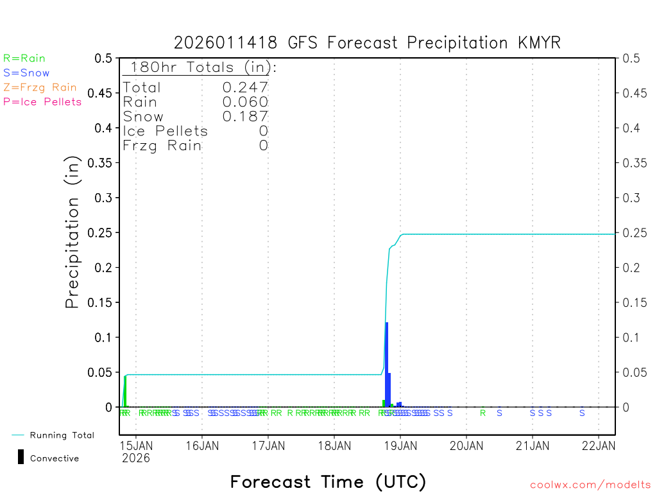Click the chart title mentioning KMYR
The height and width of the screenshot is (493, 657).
point(367,43)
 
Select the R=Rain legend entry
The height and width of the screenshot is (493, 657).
point(24,58)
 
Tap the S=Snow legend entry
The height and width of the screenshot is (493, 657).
point(26,73)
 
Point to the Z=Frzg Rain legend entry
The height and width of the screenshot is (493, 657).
point(40,87)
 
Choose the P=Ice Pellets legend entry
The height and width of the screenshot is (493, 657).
point(42,101)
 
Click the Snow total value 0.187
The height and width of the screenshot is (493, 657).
point(245,116)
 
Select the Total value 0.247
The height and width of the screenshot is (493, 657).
point(245,87)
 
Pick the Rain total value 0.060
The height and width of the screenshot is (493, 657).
point(245,102)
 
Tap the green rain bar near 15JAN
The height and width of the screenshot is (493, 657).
point(125,391)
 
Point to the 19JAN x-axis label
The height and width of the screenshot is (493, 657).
point(400,444)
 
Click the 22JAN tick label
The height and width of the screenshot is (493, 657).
point(599,444)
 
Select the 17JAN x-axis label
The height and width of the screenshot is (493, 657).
point(268,444)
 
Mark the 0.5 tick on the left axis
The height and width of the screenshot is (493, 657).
point(103,58)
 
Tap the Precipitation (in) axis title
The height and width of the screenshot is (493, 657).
point(73,232)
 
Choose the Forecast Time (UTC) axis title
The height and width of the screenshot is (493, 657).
point(328,481)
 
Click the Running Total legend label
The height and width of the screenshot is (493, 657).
point(62,435)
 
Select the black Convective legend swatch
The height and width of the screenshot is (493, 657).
point(21,457)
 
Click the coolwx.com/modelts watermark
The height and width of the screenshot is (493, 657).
point(590,485)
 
